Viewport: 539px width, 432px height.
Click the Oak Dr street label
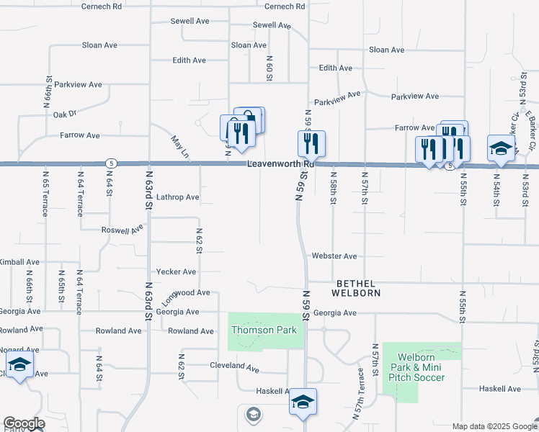point(64,114)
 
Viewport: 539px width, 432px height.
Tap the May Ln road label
point(179,148)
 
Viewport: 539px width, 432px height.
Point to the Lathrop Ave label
point(177,197)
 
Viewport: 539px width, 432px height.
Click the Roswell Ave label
point(122,230)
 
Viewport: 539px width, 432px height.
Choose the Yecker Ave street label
point(176,272)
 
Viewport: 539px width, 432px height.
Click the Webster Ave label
point(334,256)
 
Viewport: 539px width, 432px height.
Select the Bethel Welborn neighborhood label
point(355,288)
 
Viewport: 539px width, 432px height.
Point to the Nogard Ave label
point(19,349)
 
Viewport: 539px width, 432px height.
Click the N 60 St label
point(269,67)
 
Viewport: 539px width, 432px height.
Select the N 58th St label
point(333,186)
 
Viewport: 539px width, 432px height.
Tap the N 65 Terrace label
point(45,193)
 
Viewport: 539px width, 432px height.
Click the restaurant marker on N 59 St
point(311,144)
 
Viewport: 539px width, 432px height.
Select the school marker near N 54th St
point(501,148)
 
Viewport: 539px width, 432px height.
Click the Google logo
point(23,423)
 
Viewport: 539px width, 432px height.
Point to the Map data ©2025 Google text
point(494,426)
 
